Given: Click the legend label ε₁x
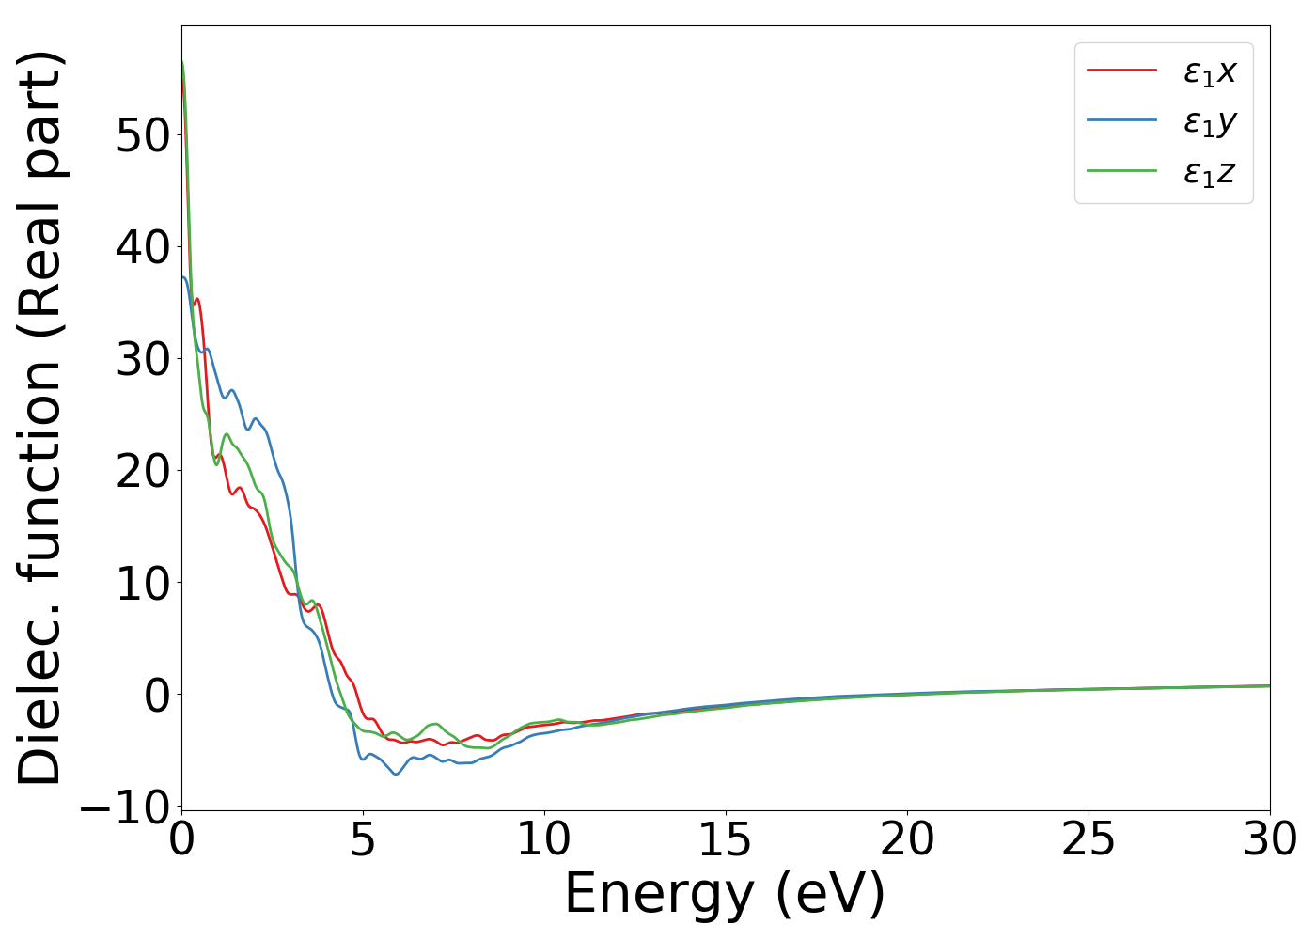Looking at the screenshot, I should tap(1210, 71).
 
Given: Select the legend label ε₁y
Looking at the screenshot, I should tap(1210, 122).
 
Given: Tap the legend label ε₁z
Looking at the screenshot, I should tap(1210, 172).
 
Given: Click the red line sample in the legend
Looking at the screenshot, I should tap(1121, 70).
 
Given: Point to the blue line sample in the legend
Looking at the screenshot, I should tap(1121, 120).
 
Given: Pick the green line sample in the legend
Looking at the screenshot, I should tap(1121, 170).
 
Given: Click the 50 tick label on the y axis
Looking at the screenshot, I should tap(143, 135).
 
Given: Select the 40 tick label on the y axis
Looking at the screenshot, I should tap(143, 247).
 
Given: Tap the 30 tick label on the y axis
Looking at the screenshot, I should tap(143, 359).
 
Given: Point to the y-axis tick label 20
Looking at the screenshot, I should tap(143, 471).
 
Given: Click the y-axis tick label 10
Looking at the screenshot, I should tap(143, 583).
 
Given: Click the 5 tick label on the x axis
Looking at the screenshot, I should tap(363, 840).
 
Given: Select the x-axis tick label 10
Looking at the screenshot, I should tap(544, 840).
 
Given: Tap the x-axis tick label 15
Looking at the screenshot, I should tap(726, 840).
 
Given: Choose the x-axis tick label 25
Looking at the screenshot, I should tap(1089, 840).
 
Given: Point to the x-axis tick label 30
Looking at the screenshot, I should tap(1269, 840).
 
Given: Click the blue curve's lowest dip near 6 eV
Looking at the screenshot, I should tap(396, 774).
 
